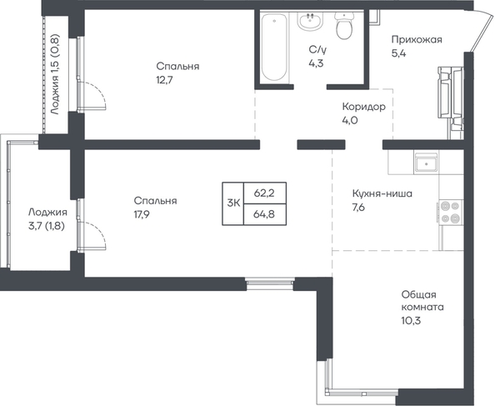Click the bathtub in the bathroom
pyautogui.click(x=274, y=47)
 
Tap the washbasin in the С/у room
pyautogui.click(x=310, y=21)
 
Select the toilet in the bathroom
pyautogui.click(x=344, y=26)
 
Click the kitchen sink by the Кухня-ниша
pyautogui.click(x=426, y=163)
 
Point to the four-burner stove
pyautogui.click(x=451, y=212)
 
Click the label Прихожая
pyautogui.click(x=417, y=39)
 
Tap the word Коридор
pyautogui.click(x=363, y=107)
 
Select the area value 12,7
pyautogui.click(x=164, y=80)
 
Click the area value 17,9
pyautogui.click(x=142, y=214)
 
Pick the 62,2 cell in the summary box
pyautogui.click(x=264, y=193)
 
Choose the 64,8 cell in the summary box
pyautogui.click(x=264, y=214)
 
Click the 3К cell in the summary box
pyautogui.click(x=233, y=203)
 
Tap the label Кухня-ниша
pyautogui.click(x=382, y=193)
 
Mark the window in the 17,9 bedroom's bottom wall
pyautogui.click(x=270, y=283)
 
